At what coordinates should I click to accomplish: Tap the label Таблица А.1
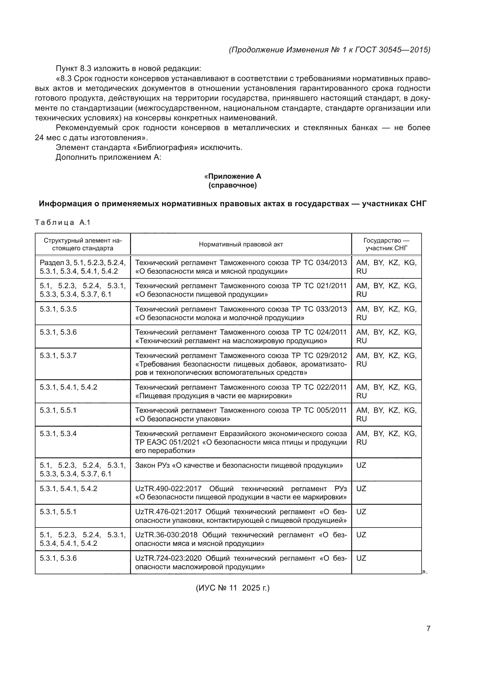(x=63, y=222)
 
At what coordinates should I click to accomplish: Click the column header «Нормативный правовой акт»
(x=241, y=244)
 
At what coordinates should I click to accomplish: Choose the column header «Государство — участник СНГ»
(x=386, y=244)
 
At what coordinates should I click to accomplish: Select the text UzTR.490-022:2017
(x=168, y=488)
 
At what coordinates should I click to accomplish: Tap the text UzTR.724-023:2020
(x=168, y=558)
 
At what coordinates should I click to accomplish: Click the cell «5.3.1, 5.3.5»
(x=58, y=309)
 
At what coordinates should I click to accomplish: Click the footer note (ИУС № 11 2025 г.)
(x=233, y=588)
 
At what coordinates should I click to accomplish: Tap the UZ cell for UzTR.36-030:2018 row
(x=361, y=535)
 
